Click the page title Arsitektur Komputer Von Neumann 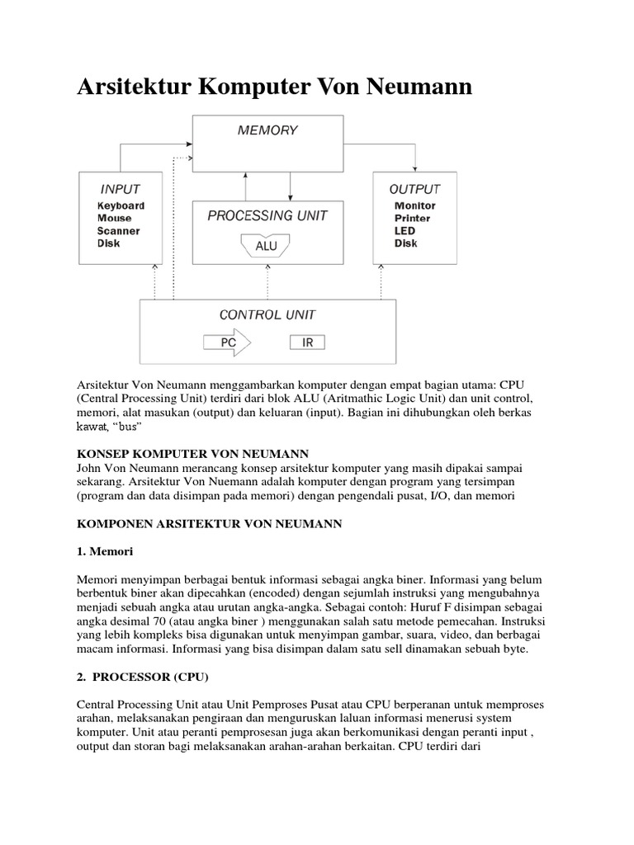(274, 87)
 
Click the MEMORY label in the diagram (267, 130)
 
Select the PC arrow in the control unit (231, 342)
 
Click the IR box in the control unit (307, 342)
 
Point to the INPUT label (120, 189)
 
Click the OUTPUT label (414, 189)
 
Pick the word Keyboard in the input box (121, 206)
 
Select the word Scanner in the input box (118, 231)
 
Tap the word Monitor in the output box (414, 206)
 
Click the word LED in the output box (405, 231)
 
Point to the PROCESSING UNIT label (267, 215)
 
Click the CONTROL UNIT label (267, 314)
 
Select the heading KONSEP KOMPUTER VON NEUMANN (192, 454)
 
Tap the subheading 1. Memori (105, 550)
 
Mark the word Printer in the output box (412, 219)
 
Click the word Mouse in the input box (114, 219)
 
